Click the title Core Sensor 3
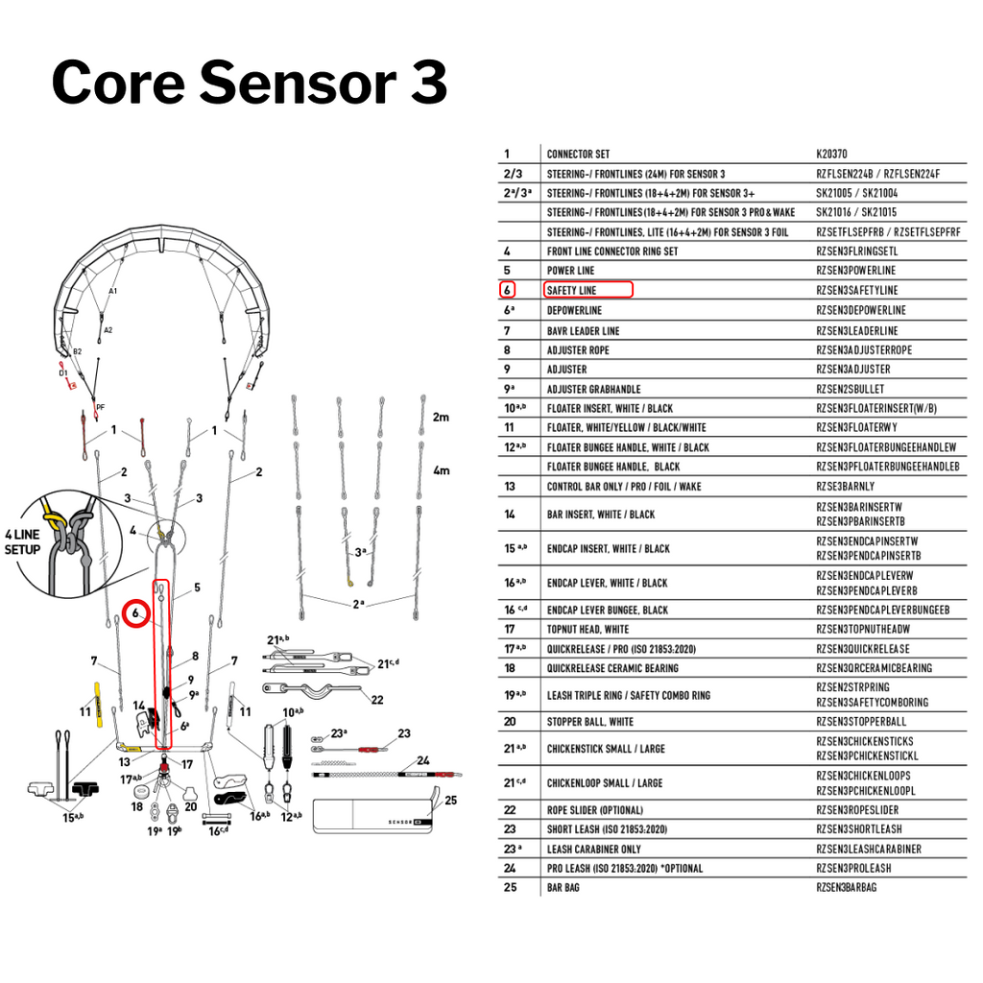click(249, 82)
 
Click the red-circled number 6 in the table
click(508, 290)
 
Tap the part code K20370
click(831, 154)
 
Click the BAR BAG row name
click(563, 887)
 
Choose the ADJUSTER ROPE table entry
click(578, 350)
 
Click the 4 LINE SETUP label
click(22, 542)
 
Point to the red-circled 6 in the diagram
click(136, 611)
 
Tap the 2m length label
click(441, 418)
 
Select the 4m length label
click(441, 471)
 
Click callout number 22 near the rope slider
click(377, 700)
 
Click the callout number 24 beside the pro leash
click(423, 761)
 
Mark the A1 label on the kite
click(113, 290)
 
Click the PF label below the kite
click(100, 407)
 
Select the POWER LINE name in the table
click(570, 271)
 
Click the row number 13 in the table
click(509, 487)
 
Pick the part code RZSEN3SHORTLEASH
click(858, 829)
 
